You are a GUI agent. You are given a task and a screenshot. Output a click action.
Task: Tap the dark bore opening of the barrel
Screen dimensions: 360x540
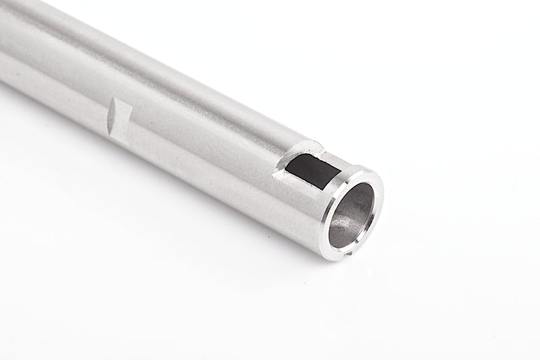coord(351,215)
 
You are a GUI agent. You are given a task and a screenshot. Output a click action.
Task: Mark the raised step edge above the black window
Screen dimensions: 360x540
coord(307,145)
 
